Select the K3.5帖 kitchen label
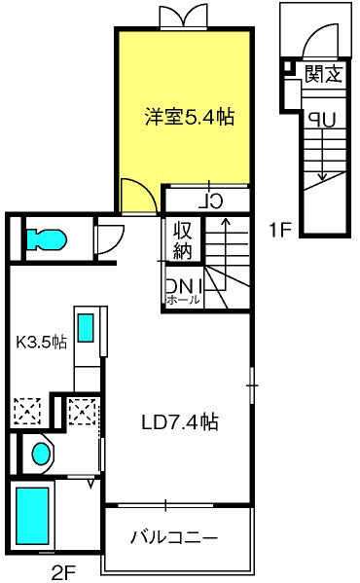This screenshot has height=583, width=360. pos(41,342)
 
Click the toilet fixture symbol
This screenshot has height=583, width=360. pos(45,237)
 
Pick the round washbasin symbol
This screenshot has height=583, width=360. pos(41,454)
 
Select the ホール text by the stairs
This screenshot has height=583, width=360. pos(184,300)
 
